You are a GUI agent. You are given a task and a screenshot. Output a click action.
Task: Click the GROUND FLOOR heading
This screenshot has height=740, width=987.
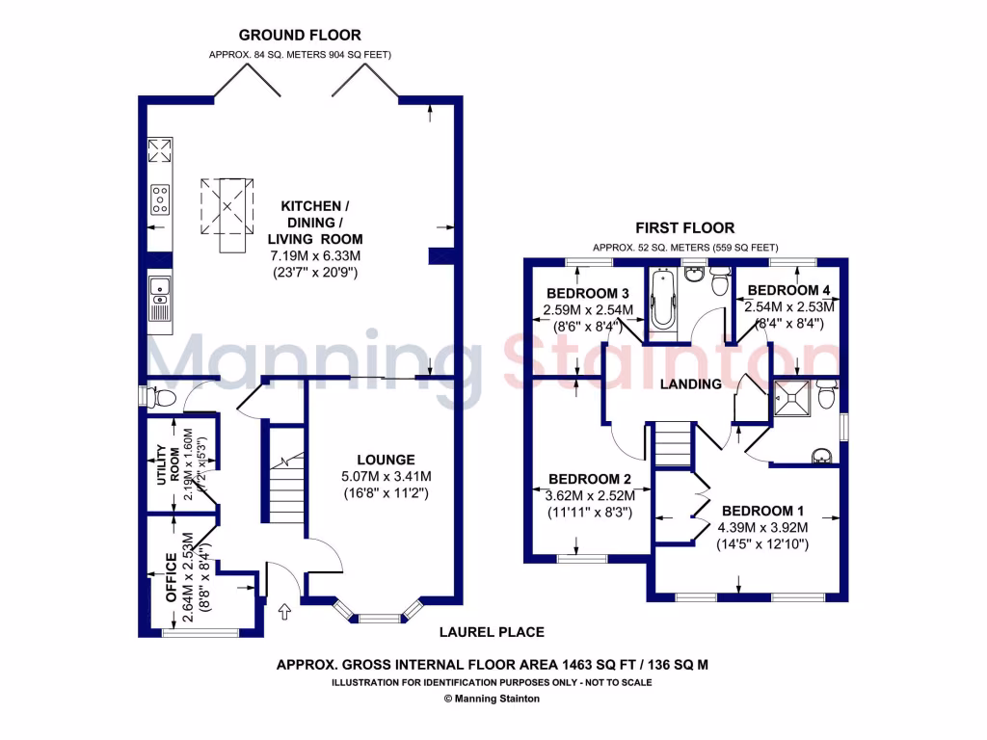tap(300, 36)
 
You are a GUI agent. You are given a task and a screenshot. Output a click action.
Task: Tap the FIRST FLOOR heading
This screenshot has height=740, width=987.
tap(684, 228)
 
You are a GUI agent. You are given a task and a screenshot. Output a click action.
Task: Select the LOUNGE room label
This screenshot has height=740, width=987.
tap(385, 460)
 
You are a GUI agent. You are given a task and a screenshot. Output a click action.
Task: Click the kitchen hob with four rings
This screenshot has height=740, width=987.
tap(159, 199)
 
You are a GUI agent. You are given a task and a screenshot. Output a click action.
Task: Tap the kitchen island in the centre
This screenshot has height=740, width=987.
tap(229, 213)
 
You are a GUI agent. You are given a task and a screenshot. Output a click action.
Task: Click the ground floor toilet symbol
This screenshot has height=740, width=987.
tap(159, 396)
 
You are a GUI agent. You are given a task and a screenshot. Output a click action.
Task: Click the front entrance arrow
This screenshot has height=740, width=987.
tap(284, 610)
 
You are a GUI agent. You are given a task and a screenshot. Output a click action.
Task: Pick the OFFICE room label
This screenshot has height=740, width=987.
tap(171, 577)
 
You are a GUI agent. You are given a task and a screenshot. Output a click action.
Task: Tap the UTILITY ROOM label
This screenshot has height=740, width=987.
tap(168, 464)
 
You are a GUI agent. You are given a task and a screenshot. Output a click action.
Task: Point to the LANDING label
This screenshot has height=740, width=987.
tap(690, 384)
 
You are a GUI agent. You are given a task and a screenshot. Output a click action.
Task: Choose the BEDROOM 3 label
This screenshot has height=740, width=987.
tap(588, 293)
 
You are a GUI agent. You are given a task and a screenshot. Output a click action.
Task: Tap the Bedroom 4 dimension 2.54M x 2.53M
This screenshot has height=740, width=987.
tap(788, 307)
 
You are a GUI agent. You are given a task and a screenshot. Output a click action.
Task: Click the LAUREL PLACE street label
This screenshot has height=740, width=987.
tap(492, 632)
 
